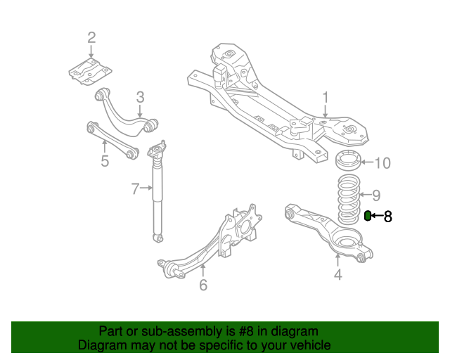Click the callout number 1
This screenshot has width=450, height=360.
325,97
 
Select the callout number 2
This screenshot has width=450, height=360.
91,37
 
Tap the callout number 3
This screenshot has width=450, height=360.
140,97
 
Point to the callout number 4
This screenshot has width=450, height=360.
338,274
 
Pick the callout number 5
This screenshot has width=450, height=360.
105,161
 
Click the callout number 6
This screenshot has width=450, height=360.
203,285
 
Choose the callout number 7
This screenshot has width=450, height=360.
135,188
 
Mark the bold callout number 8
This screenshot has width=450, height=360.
387,216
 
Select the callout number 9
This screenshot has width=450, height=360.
376,195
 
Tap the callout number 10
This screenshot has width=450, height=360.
382,163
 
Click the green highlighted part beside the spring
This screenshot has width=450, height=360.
367,216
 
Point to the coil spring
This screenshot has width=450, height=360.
349,199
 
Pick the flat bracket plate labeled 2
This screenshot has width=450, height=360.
90,72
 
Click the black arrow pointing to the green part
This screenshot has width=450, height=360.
377,215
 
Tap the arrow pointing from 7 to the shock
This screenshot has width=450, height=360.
146,188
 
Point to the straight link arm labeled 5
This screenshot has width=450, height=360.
112,139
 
